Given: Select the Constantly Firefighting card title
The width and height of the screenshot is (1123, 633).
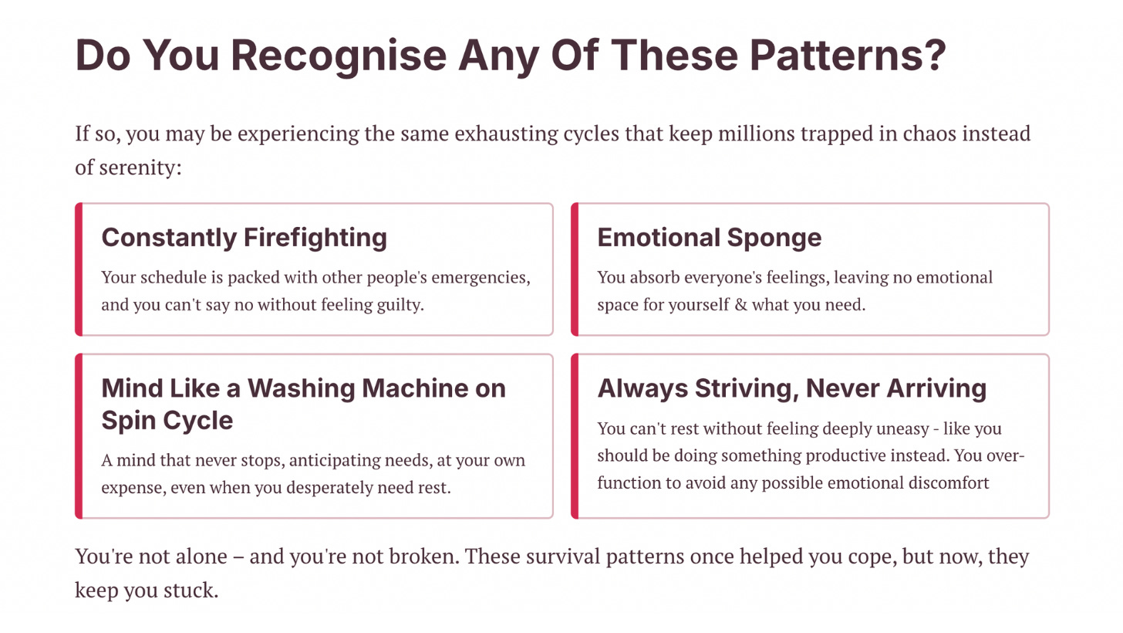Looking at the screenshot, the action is pos(244,237).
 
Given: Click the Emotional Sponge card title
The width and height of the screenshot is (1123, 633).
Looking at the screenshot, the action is pos(709,237).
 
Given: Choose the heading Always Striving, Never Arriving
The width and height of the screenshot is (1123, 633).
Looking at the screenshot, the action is pos(791,388).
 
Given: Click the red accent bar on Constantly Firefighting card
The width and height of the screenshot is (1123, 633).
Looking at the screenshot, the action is pos(79,269).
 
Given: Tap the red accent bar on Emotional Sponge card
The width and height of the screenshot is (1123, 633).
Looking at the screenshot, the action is pos(575,269).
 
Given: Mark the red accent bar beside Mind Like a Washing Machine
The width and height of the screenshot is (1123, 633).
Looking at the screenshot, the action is pos(79,436).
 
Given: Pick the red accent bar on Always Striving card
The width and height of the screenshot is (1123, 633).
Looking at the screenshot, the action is pos(575,436).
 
